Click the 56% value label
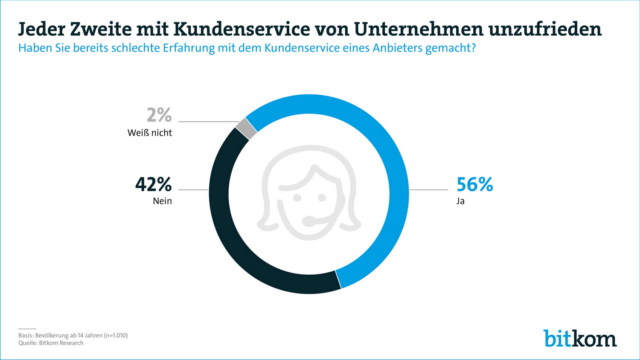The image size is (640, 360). coord(474,184)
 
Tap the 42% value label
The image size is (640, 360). coord(153,184)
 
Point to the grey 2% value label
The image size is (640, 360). coord(159,115)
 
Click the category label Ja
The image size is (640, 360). coord(460,201)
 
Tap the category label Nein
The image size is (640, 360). coord(162,201)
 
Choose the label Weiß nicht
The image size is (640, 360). coord(149,133)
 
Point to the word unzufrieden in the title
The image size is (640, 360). coord(545,29)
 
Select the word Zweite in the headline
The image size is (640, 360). coord(101,29)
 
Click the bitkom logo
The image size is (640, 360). coord(580,338)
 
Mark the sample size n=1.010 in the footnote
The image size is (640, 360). coord(116,335)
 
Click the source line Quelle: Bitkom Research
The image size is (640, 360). coord(51,343)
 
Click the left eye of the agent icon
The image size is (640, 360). coord(297,198)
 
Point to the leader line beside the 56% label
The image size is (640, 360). coord(429,190)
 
